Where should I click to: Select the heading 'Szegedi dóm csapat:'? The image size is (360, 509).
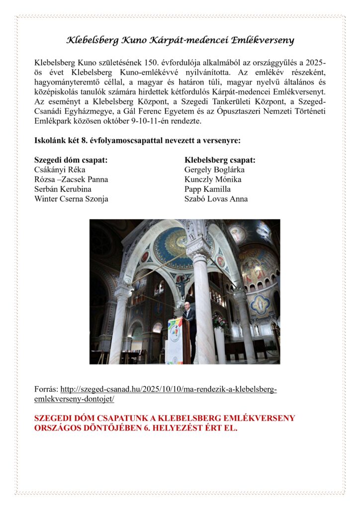[x=71, y=160]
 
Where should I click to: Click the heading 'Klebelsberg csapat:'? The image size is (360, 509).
[x=220, y=160]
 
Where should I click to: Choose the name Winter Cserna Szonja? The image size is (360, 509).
[x=71, y=199]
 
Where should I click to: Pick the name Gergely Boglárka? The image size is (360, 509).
[x=214, y=170]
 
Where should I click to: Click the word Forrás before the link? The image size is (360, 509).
[x=45, y=389]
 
